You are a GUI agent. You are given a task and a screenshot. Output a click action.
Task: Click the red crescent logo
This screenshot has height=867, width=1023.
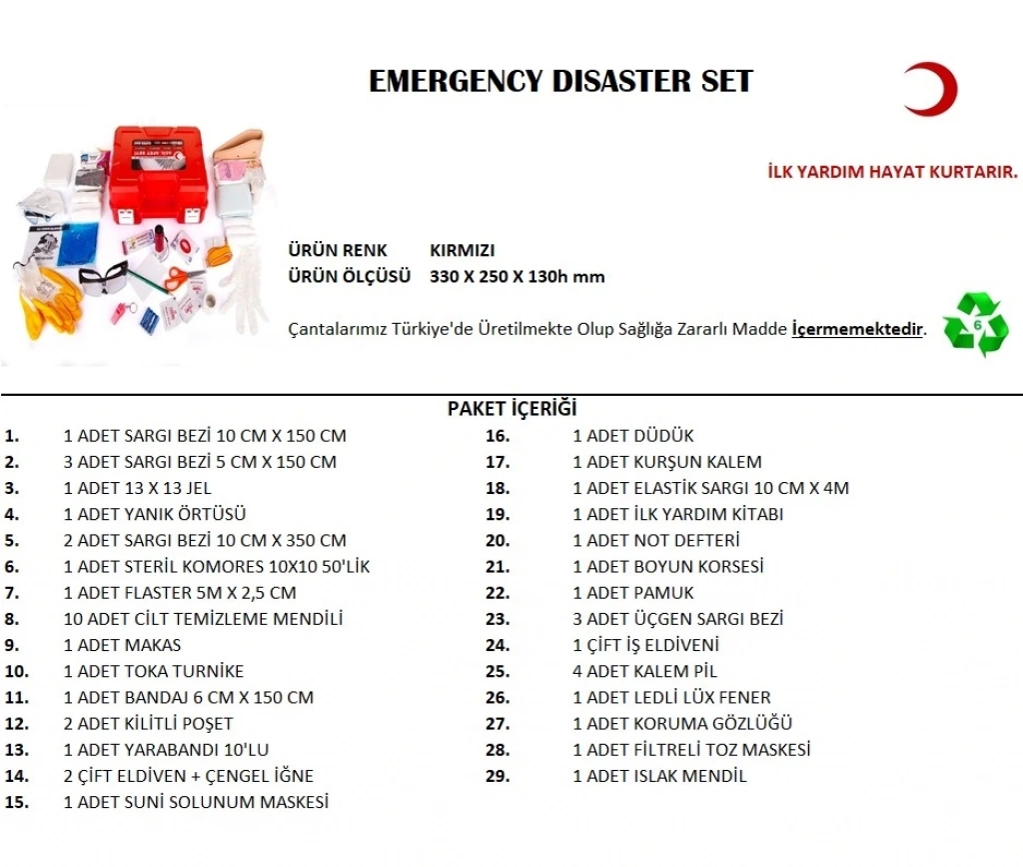929,89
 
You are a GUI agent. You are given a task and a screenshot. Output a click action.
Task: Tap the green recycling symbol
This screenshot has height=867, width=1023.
975,325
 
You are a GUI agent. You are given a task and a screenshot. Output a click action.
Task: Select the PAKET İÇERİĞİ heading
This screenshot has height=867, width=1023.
511,409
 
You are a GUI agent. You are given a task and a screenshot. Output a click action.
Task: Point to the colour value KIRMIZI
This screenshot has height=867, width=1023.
462,251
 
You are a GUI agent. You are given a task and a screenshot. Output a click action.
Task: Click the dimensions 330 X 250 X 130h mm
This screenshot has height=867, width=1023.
516,277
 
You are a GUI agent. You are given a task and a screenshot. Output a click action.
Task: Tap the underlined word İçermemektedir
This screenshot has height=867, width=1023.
856,329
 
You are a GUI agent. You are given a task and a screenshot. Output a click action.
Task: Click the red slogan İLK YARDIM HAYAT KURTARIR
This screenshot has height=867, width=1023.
892,172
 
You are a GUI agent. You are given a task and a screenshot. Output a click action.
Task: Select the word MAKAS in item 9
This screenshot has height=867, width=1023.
153,645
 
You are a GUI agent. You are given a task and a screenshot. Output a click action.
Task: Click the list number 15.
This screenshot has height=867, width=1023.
16,802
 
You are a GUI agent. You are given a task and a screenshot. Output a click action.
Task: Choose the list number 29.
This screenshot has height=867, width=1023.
498,776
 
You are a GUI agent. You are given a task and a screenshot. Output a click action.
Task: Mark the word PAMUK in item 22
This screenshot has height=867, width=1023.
663,593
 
